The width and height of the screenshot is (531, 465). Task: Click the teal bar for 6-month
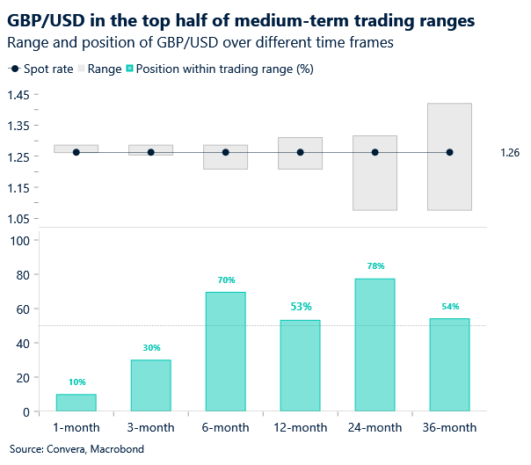[x=225, y=351]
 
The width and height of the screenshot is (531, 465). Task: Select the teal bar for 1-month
[x=76, y=402]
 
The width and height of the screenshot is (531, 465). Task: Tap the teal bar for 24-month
[x=375, y=344]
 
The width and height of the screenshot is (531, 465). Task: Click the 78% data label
[x=375, y=265]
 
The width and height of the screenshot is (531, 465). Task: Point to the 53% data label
[x=301, y=307]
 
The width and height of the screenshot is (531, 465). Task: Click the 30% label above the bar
[x=151, y=347]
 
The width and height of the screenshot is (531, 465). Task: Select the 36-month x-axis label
[x=449, y=428]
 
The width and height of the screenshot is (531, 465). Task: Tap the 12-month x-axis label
[x=300, y=428]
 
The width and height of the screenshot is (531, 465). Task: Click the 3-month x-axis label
[x=151, y=428]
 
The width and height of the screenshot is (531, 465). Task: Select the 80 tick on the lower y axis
[x=20, y=275]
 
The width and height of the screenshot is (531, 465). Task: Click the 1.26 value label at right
[x=510, y=153]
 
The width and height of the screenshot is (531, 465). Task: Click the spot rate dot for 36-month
[x=449, y=152]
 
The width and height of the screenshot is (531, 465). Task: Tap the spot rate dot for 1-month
[x=76, y=152]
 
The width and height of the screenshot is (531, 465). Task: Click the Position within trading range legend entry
[x=219, y=69]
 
